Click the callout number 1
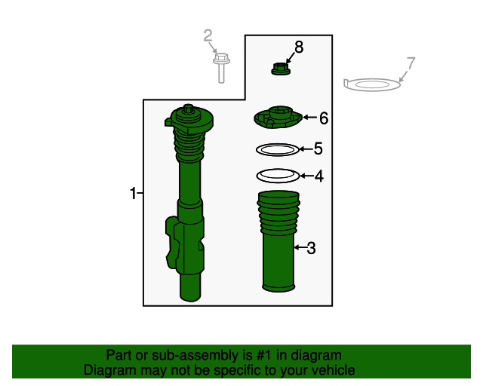click(x=133, y=193)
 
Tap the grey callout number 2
click(x=208, y=35)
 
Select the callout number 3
click(x=312, y=248)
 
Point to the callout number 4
click(x=319, y=176)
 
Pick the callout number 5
click(x=318, y=149)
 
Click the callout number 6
click(x=324, y=118)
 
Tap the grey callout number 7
click(x=411, y=63)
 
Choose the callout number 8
click(x=299, y=47)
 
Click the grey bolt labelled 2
click(x=221, y=68)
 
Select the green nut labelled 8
click(x=281, y=69)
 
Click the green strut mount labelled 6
click(x=278, y=118)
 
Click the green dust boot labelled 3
click(x=278, y=241)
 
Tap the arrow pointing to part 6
click(x=310, y=118)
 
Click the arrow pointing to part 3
click(x=300, y=247)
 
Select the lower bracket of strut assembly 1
click(x=185, y=244)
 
